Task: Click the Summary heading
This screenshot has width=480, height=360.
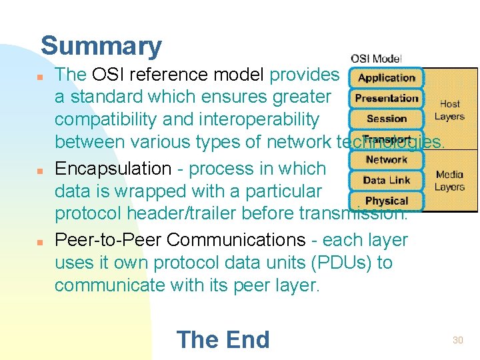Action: click(x=101, y=46)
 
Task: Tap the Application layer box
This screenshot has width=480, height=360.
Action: click(x=387, y=77)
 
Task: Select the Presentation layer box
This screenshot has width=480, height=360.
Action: click(x=387, y=98)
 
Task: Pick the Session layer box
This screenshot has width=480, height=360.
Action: click(x=387, y=119)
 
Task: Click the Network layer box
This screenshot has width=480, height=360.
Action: click(x=387, y=160)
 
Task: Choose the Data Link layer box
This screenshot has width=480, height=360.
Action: click(x=387, y=180)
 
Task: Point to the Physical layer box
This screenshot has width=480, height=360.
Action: click(x=387, y=201)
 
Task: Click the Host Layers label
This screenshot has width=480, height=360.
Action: click(x=449, y=110)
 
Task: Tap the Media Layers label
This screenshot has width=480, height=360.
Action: click(x=449, y=181)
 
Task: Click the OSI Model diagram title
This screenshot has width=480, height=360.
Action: click(x=376, y=59)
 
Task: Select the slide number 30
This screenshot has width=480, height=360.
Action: click(x=457, y=340)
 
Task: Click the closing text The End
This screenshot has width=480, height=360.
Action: click(x=223, y=339)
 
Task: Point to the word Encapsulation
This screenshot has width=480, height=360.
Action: click(x=113, y=169)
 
